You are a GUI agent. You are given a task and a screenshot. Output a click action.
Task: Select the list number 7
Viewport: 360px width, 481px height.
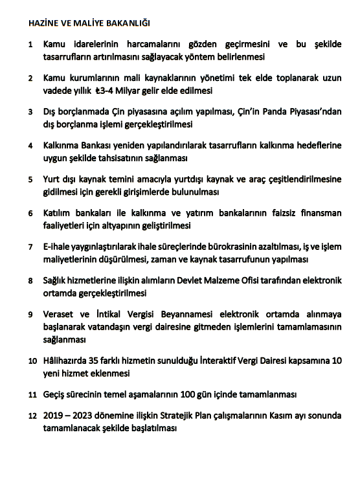(31, 247)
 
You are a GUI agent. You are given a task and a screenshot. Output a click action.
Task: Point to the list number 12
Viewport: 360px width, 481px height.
(32, 415)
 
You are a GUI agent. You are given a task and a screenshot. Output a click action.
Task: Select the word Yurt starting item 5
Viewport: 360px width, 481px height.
(53, 179)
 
